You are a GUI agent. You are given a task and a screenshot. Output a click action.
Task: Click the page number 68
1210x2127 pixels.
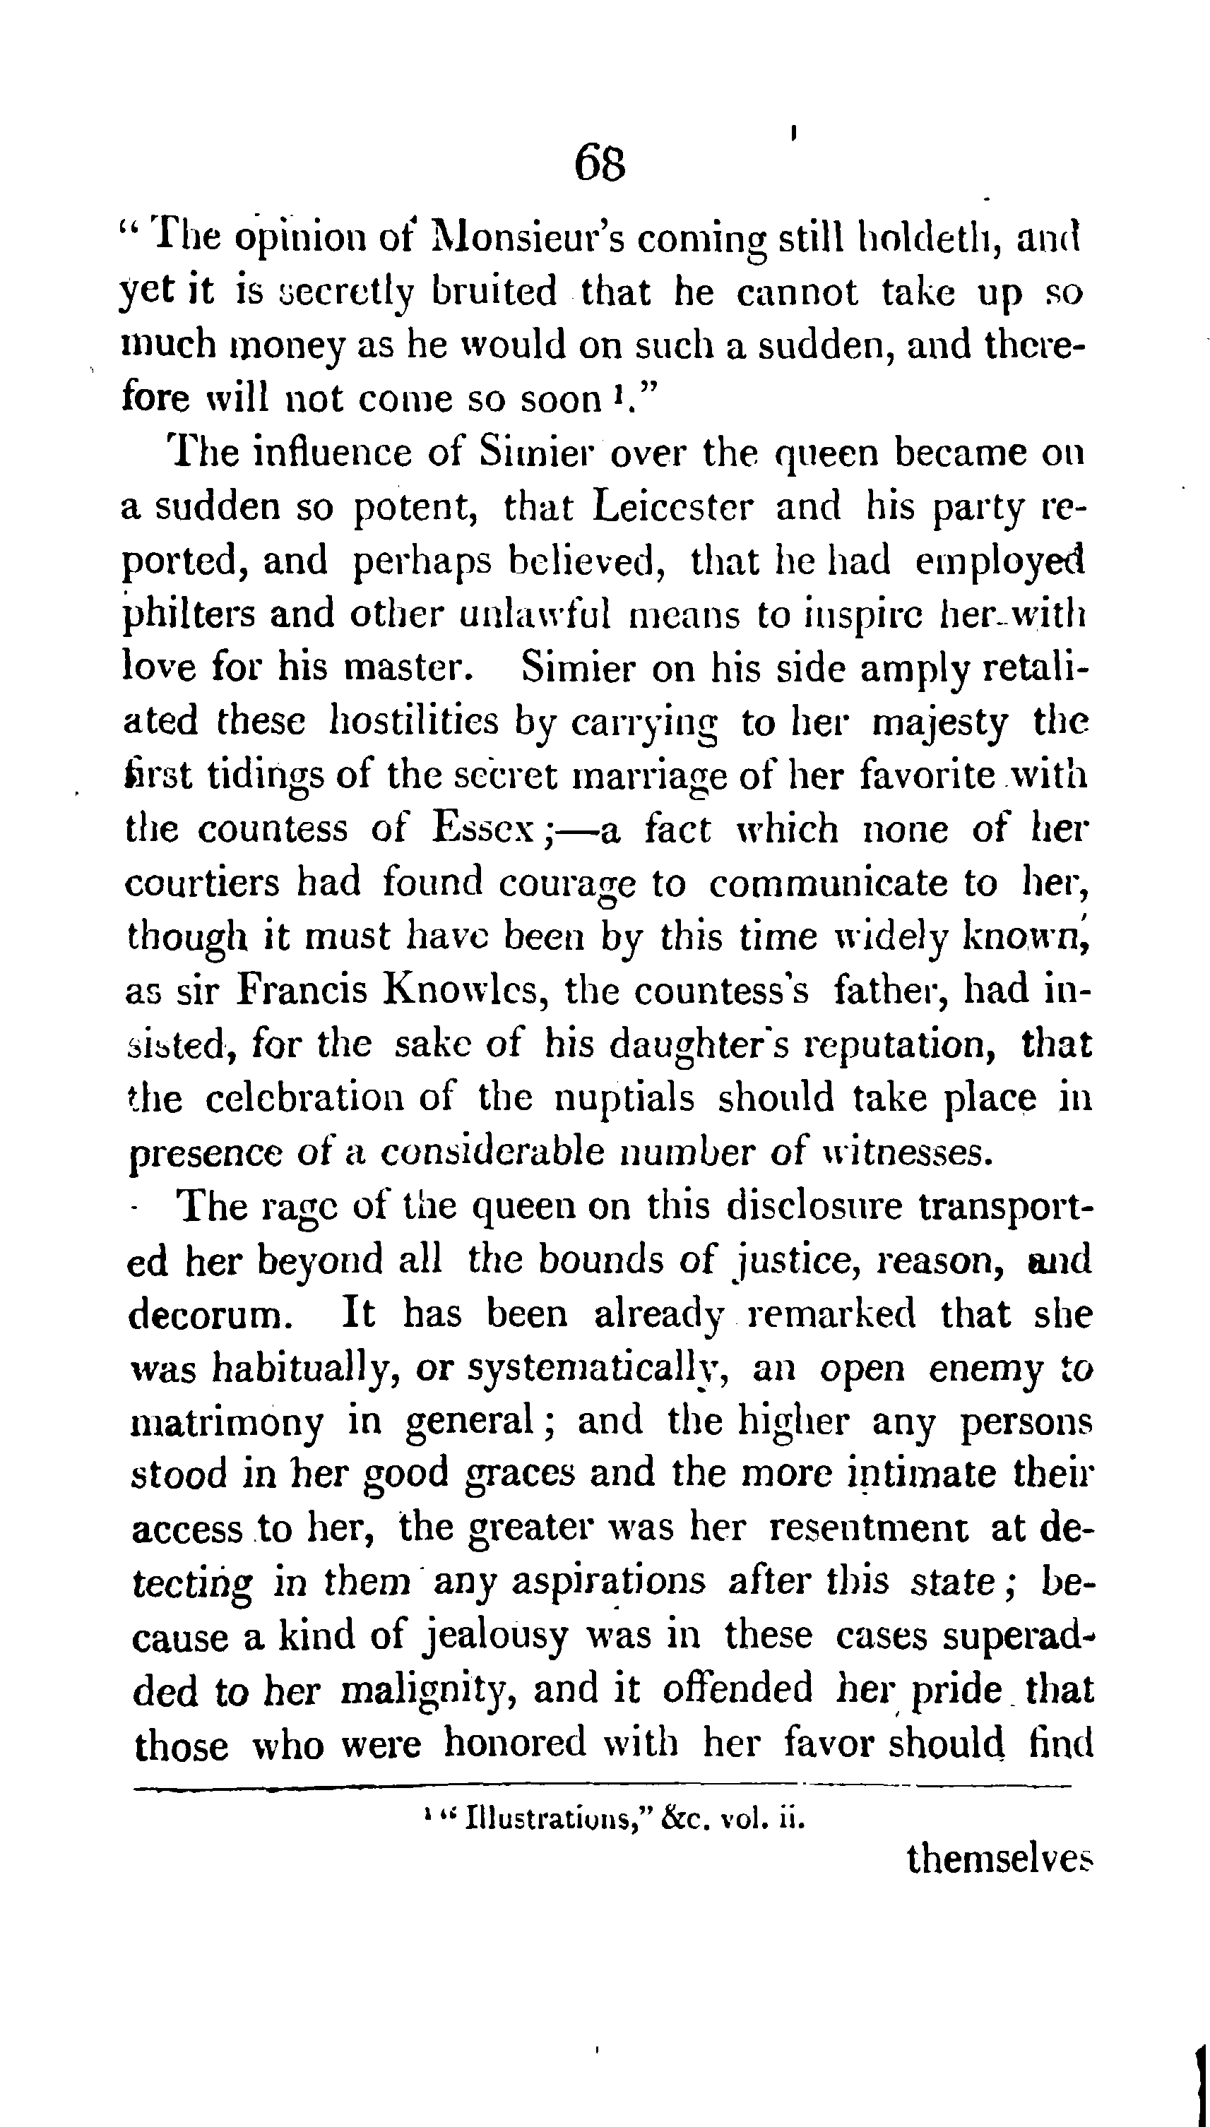599,163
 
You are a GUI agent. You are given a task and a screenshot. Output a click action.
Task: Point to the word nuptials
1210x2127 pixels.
623,1097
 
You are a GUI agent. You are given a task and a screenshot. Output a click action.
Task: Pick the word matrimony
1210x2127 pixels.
227,1422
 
